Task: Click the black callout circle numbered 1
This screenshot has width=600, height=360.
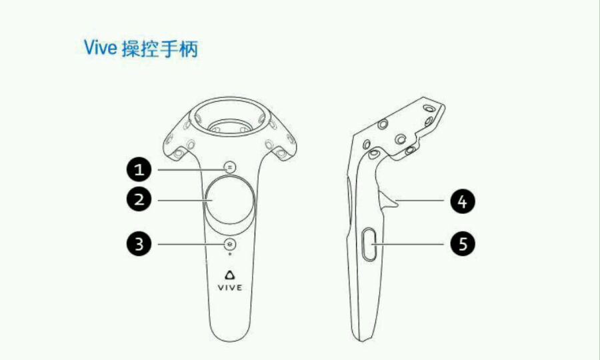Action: (x=139, y=169)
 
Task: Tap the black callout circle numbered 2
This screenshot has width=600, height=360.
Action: (x=139, y=200)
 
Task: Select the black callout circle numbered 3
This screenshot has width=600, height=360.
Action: (x=139, y=244)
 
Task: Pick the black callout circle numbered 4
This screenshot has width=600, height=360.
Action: (x=462, y=201)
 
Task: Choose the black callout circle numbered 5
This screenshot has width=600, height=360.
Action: (x=462, y=244)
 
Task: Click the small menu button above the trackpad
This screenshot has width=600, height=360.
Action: (x=229, y=167)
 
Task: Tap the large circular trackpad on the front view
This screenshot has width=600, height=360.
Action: (x=229, y=201)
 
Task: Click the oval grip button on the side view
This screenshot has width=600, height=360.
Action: (x=369, y=245)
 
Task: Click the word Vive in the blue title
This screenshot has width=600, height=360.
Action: (x=100, y=47)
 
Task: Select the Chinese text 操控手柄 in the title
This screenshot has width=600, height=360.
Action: (x=159, y=49)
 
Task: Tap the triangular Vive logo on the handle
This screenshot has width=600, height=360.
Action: (x=229, y=275)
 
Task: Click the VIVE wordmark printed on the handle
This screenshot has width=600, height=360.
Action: (x=229, y=288)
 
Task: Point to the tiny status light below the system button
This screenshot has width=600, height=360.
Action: (x=229, y=254)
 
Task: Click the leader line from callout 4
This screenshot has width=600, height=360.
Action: (x=420, y=200)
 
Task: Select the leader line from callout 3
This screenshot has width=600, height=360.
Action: (x=191, y=244)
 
